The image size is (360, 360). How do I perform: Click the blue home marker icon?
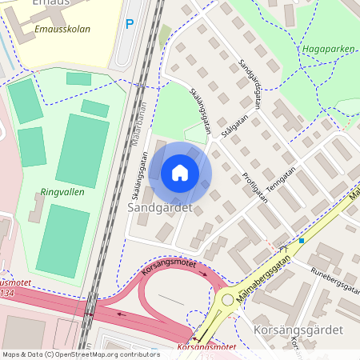point(180,173)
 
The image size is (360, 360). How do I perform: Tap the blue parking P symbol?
point(129,24)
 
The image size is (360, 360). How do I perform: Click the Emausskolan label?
point(62,29)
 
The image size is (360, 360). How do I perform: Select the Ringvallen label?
point(62,192)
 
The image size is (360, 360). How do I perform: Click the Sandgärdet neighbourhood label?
point(160,207)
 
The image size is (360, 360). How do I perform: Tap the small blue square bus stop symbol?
point(302,240)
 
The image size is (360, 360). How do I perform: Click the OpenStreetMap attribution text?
point(82,354)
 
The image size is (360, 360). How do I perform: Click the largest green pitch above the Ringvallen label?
point(82,150)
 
